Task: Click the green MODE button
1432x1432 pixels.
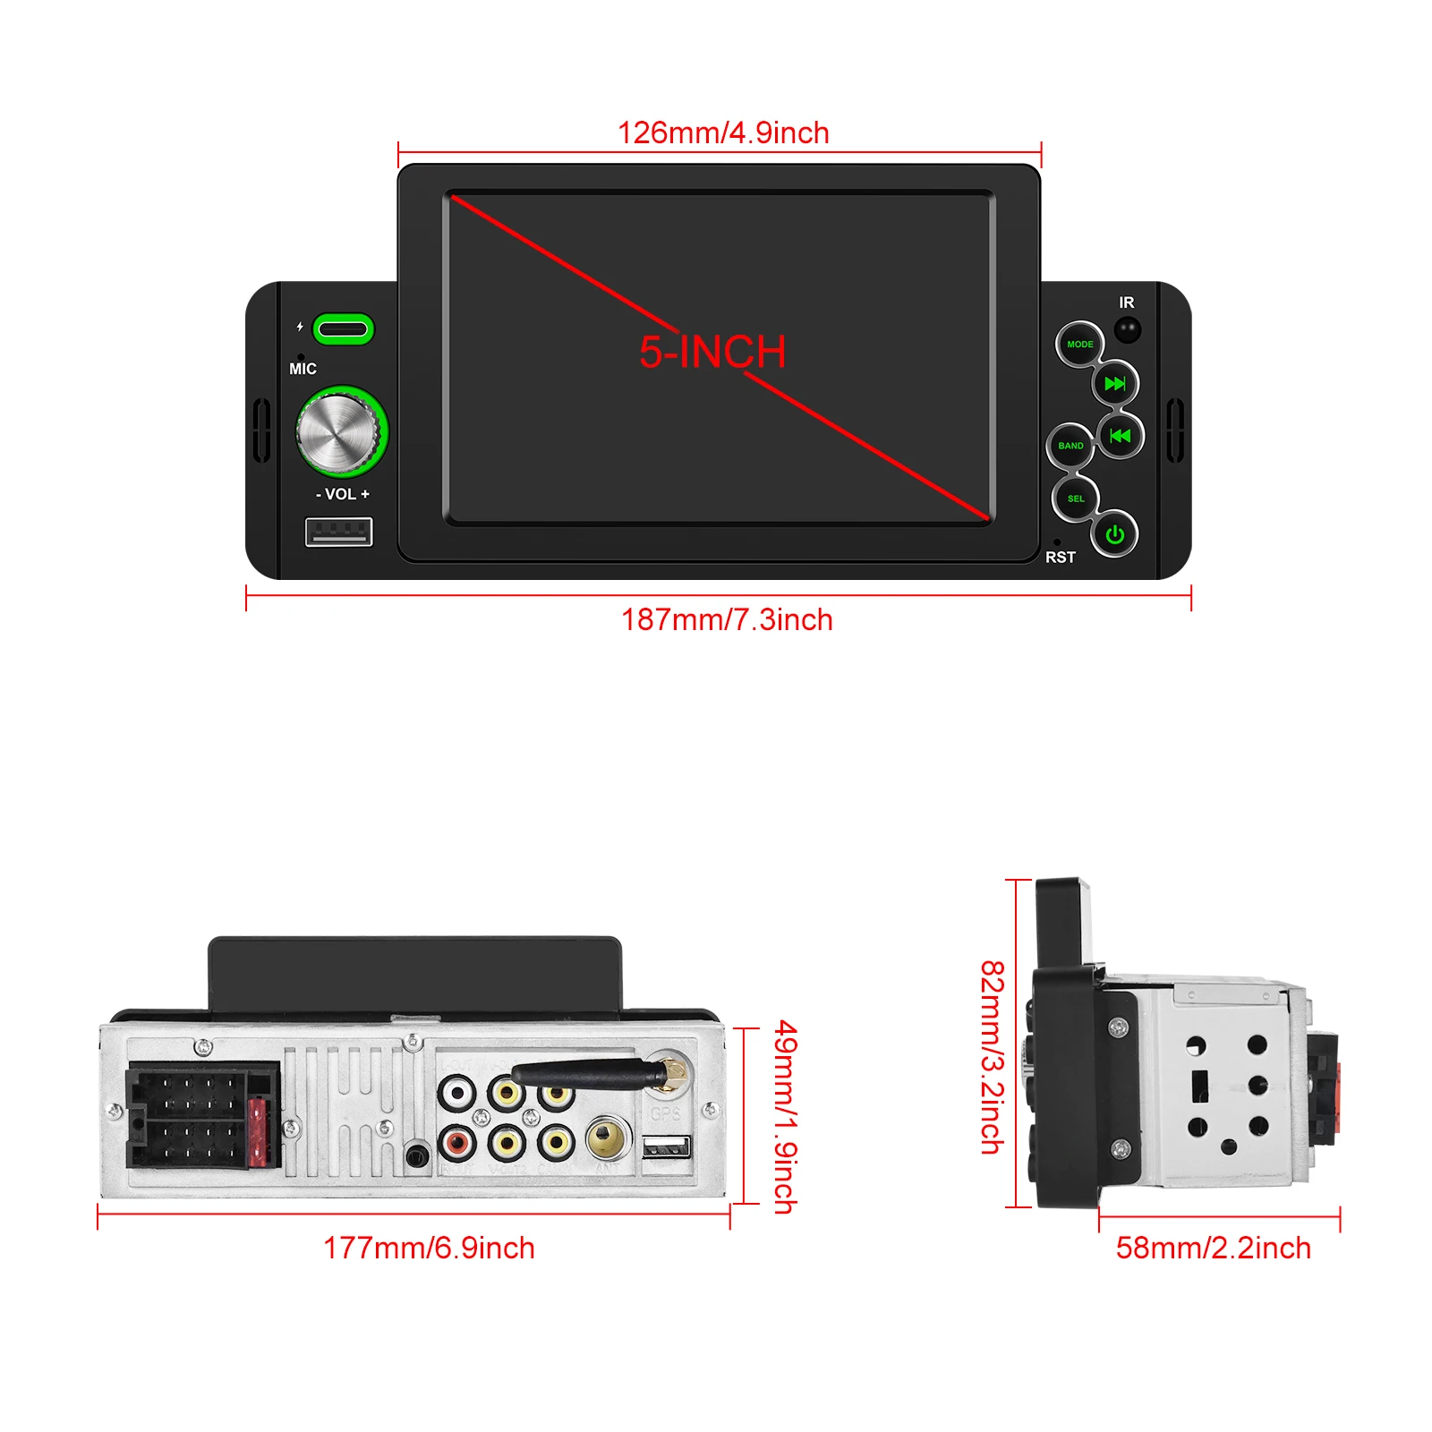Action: [x=1079, y=345]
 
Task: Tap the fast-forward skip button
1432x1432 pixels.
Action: [x=1115, y=384]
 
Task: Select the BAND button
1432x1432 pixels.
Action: [x=1070, y=446]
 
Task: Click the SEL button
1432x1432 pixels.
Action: [x=1076, y=499]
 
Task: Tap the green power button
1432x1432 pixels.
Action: [x=1114, y=535]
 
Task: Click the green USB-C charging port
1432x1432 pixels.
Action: [x=342, y=328]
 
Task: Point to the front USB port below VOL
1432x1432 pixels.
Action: [x=338, y=533]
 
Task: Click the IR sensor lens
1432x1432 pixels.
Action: [x=1127, y=329]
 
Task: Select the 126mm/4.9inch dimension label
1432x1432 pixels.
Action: [x=723, y=133]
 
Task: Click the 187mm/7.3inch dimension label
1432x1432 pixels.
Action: [x=727, y=619]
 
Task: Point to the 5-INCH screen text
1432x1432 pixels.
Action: [x=712, y=352]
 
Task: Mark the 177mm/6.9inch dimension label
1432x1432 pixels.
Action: [x=429, y=1248]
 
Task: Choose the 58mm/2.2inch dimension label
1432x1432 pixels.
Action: [x=1213, y=1248]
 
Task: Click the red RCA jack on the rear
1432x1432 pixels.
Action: [x=456, y=1141]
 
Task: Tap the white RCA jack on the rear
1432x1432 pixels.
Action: [x=456, y=1092]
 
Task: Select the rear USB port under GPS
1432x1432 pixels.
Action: [x=667, y=1147]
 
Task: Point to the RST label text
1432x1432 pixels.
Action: [x=1061, y=558]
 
